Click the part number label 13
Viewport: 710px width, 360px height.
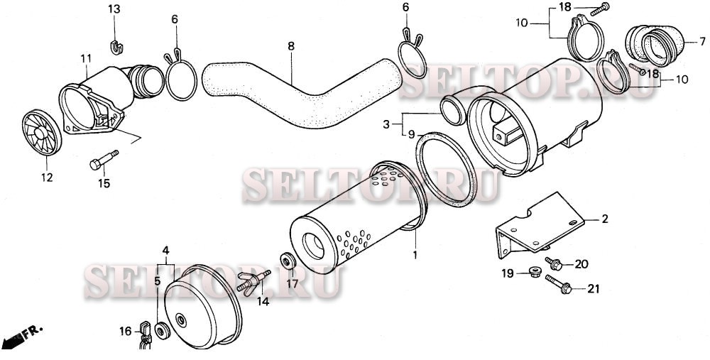[114, 9]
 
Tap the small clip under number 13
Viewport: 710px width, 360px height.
[117, 47]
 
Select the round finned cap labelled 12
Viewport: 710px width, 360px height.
[42, 132]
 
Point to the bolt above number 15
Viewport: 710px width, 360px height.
[104, 160]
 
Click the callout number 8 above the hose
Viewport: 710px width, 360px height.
[290, 46]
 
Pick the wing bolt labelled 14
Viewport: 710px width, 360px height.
[253, 283]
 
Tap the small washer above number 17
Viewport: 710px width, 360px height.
[288, 262]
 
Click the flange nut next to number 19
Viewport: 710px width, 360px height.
[535, 272]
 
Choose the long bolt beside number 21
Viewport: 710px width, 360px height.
[558, 284]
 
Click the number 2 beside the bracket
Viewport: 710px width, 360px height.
[604, 219]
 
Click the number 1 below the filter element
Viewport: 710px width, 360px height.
[415, 255]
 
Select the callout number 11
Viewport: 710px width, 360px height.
[86, 58]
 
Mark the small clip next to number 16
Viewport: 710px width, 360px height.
[145, 335]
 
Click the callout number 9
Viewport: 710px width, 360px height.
[410, 134]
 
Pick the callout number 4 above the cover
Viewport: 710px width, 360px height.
[165, 250]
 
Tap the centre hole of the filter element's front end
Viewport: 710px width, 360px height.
[313, 246]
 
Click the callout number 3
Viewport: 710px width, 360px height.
[386, 124]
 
